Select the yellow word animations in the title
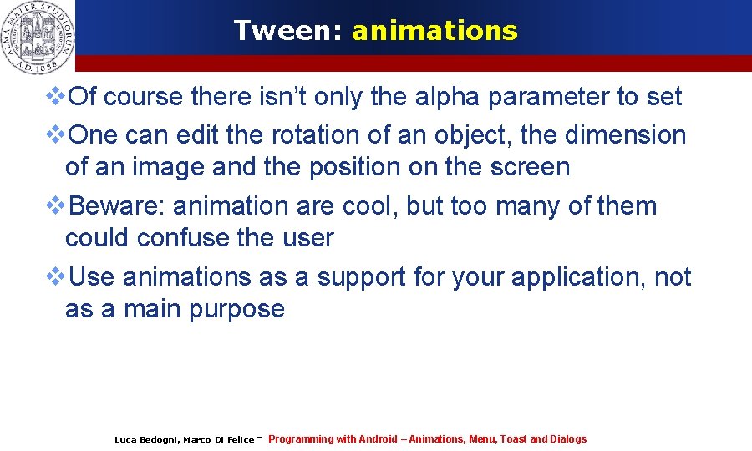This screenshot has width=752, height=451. pyautogui.click(x=434, y=31)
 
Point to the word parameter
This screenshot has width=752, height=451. pyautogui.click(x=548, y=97)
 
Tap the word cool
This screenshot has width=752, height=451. pyautogui.click(x=368, y=205)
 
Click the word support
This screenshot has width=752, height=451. pyautogui.click(x=361, y=276)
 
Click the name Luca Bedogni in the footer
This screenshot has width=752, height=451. pyautogui.click(x=146, y=439)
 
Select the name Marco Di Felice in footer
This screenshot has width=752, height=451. pyautogui.click(x=218, y=439)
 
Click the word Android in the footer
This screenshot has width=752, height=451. pyautogui.click(x=379, y=439)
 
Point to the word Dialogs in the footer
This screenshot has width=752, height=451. pyautogui.click(x=568, y=439)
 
